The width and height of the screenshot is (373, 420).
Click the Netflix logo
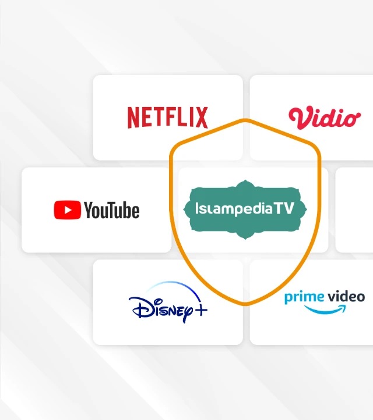coord(167,118)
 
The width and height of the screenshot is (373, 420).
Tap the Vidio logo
coord(324,118)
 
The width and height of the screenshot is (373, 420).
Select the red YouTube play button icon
coord(67,210)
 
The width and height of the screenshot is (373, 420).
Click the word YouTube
coord(112,210)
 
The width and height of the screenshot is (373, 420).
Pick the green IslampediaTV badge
coord(244,209)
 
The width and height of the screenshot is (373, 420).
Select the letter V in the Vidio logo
coord(300,118)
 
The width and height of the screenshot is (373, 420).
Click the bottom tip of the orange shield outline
coord(245,304)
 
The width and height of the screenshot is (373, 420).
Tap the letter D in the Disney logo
coord(140,307)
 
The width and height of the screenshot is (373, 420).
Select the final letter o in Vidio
coord(351,120)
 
